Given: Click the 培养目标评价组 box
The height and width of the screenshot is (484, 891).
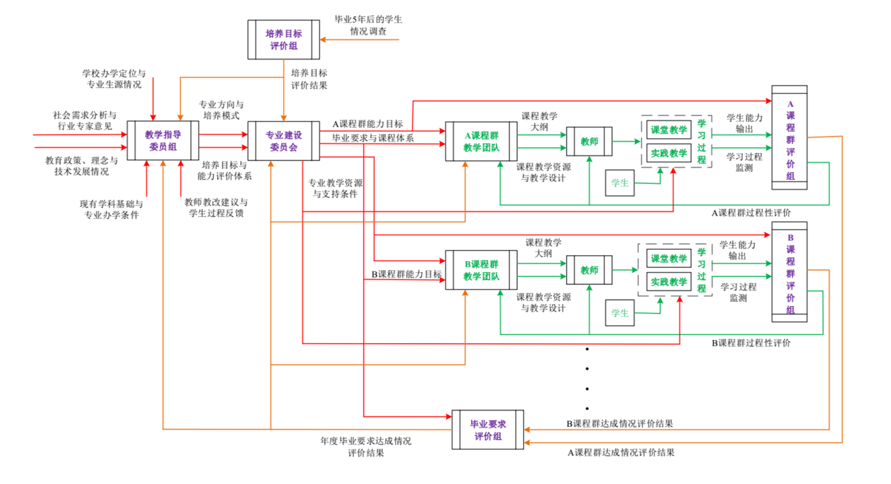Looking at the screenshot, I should click(284, 39).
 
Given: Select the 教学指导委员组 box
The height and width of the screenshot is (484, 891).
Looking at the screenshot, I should click(163, 140).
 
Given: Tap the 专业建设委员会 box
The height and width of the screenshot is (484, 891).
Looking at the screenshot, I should click(284, 140).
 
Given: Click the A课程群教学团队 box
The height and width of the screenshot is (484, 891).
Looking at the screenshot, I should click(481, 141).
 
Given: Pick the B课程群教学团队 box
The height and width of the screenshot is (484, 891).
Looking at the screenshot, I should click(481, 270).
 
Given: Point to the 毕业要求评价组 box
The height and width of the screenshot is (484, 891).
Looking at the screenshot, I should click(488, 430).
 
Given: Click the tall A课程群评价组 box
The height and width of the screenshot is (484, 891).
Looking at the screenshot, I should click(789, 137).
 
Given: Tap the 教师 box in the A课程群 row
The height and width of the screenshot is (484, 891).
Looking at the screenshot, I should click(589, 142).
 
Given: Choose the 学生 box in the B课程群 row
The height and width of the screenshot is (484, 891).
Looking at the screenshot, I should click(620, 313).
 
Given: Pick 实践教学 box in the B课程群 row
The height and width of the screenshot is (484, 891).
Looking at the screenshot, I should click(669, 281).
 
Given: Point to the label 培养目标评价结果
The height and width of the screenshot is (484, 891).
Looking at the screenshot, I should click(309, 78).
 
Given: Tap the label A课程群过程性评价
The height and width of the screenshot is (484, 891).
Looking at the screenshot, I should click(751, 212).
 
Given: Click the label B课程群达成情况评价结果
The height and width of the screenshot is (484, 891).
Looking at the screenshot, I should click(620, 424).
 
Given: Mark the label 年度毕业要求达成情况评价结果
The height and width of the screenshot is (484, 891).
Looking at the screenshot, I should click(366, 447).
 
